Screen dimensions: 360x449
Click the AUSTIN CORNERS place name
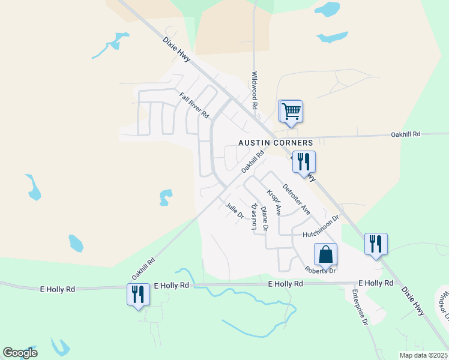pos(276,143)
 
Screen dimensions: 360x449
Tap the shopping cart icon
pos(291,111)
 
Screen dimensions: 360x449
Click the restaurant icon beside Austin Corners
pos(303,161)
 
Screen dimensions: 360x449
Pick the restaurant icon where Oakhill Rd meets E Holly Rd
pos(138,295)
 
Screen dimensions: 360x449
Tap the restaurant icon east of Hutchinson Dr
pos(376,244)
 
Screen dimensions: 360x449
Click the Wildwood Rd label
pos(255,90)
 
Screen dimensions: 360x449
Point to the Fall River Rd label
pos(194,104)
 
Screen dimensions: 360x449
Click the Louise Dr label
pos(255,217)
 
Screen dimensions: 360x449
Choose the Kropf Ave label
pos(274,202)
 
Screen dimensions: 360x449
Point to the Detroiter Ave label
pos(296,198)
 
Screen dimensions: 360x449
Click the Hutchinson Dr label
pos(321,227)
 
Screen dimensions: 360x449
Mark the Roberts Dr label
pos(320,270)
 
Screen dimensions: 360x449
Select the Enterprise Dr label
pos(360,307)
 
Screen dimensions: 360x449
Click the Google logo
pos(20,353)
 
